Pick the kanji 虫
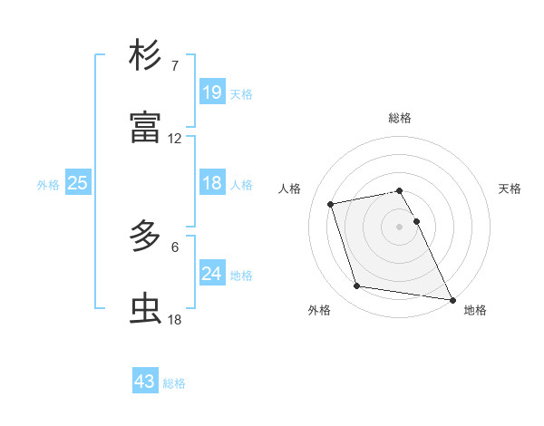click(145, 309)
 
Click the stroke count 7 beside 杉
click(174, 66)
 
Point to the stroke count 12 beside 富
click(175, 139)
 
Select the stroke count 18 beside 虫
click(175, 319)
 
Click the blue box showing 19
click(211, 92)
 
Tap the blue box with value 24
click(211, 274)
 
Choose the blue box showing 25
click(77, 183)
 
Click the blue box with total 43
click(144, 382)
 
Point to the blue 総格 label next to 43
click(174, 383)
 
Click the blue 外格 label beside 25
click(48, 185)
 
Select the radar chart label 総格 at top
click(400, 118)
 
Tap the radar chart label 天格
click(510, 189)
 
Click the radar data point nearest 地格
click(452, 299)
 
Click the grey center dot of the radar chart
click(400, 226)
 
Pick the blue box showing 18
click(211, 183)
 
